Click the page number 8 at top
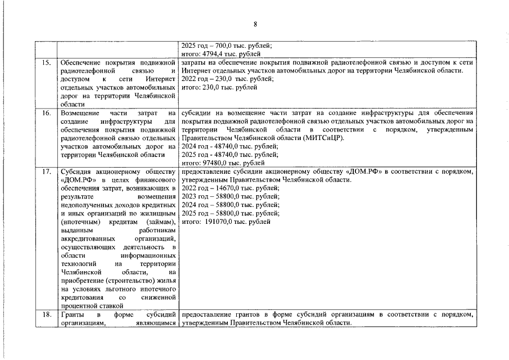pos(255,24)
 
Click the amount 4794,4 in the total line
pos(218,54)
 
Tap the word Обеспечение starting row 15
pos(82,62)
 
